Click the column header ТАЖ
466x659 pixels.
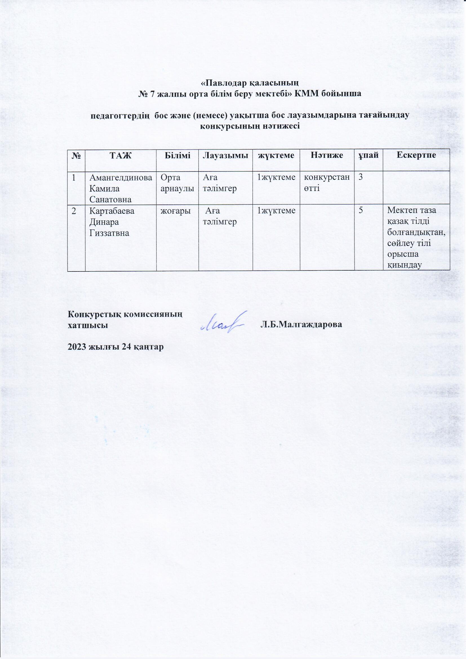pos(121,156)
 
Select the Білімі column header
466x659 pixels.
pos(177,156)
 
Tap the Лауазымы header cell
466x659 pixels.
pos(225,156)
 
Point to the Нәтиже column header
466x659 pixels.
pos(327,156)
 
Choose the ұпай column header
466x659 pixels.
pos(369,156)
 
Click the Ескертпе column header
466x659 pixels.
pos(416,156)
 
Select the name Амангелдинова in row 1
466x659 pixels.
pos(121,177)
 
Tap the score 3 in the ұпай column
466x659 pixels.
pos(360,177)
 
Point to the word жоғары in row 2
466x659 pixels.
pos(175,211)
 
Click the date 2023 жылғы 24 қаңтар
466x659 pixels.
pos(115,347)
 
